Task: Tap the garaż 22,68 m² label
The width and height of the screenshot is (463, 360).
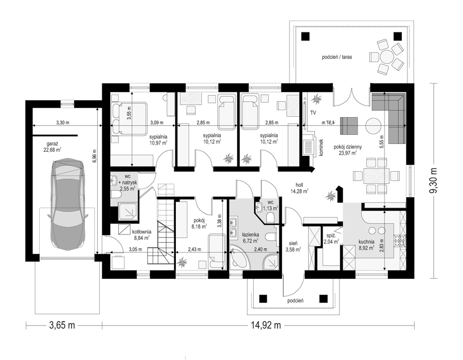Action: coord(52,147)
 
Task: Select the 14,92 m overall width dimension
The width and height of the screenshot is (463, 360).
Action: coord(266,325)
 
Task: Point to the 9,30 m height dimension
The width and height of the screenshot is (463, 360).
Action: coord(433,181)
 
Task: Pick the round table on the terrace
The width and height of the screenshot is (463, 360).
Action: coord(386,56)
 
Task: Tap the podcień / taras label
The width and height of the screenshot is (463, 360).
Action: coord(337,57)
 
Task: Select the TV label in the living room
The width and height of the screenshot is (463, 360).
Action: coord(313,113)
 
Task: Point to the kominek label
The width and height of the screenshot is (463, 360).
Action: coord(322,148)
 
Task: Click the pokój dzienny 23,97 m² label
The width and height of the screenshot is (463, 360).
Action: coord(348,150)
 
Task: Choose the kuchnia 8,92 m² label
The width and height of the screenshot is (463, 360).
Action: coord(366,244)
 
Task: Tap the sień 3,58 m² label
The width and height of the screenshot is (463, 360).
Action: coord(293,246)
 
